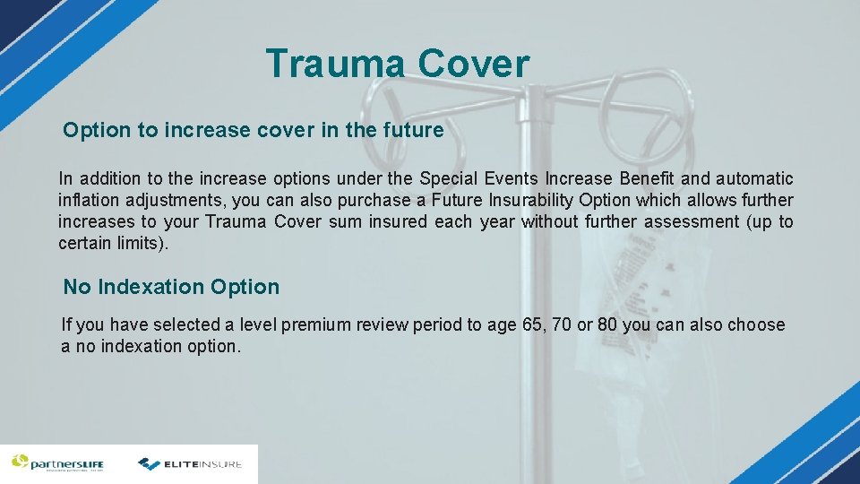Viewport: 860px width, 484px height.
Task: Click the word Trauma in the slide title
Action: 336,65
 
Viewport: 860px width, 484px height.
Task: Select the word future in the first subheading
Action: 413,131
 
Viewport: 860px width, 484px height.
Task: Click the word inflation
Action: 90,201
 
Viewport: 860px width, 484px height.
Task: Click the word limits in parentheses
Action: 138,243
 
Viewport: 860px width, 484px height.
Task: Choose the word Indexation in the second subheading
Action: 150,288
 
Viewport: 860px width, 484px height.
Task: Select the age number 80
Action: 606,324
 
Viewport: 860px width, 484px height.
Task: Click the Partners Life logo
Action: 57,463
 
